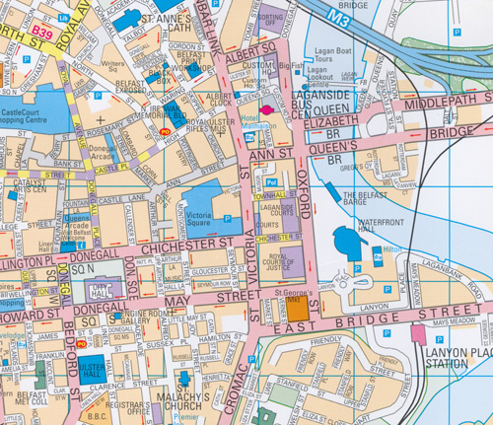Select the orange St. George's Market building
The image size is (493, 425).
pyautogui.click(x=283, y=308)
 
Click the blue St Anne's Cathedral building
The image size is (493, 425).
pyautogui.click(x=125, y=19)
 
